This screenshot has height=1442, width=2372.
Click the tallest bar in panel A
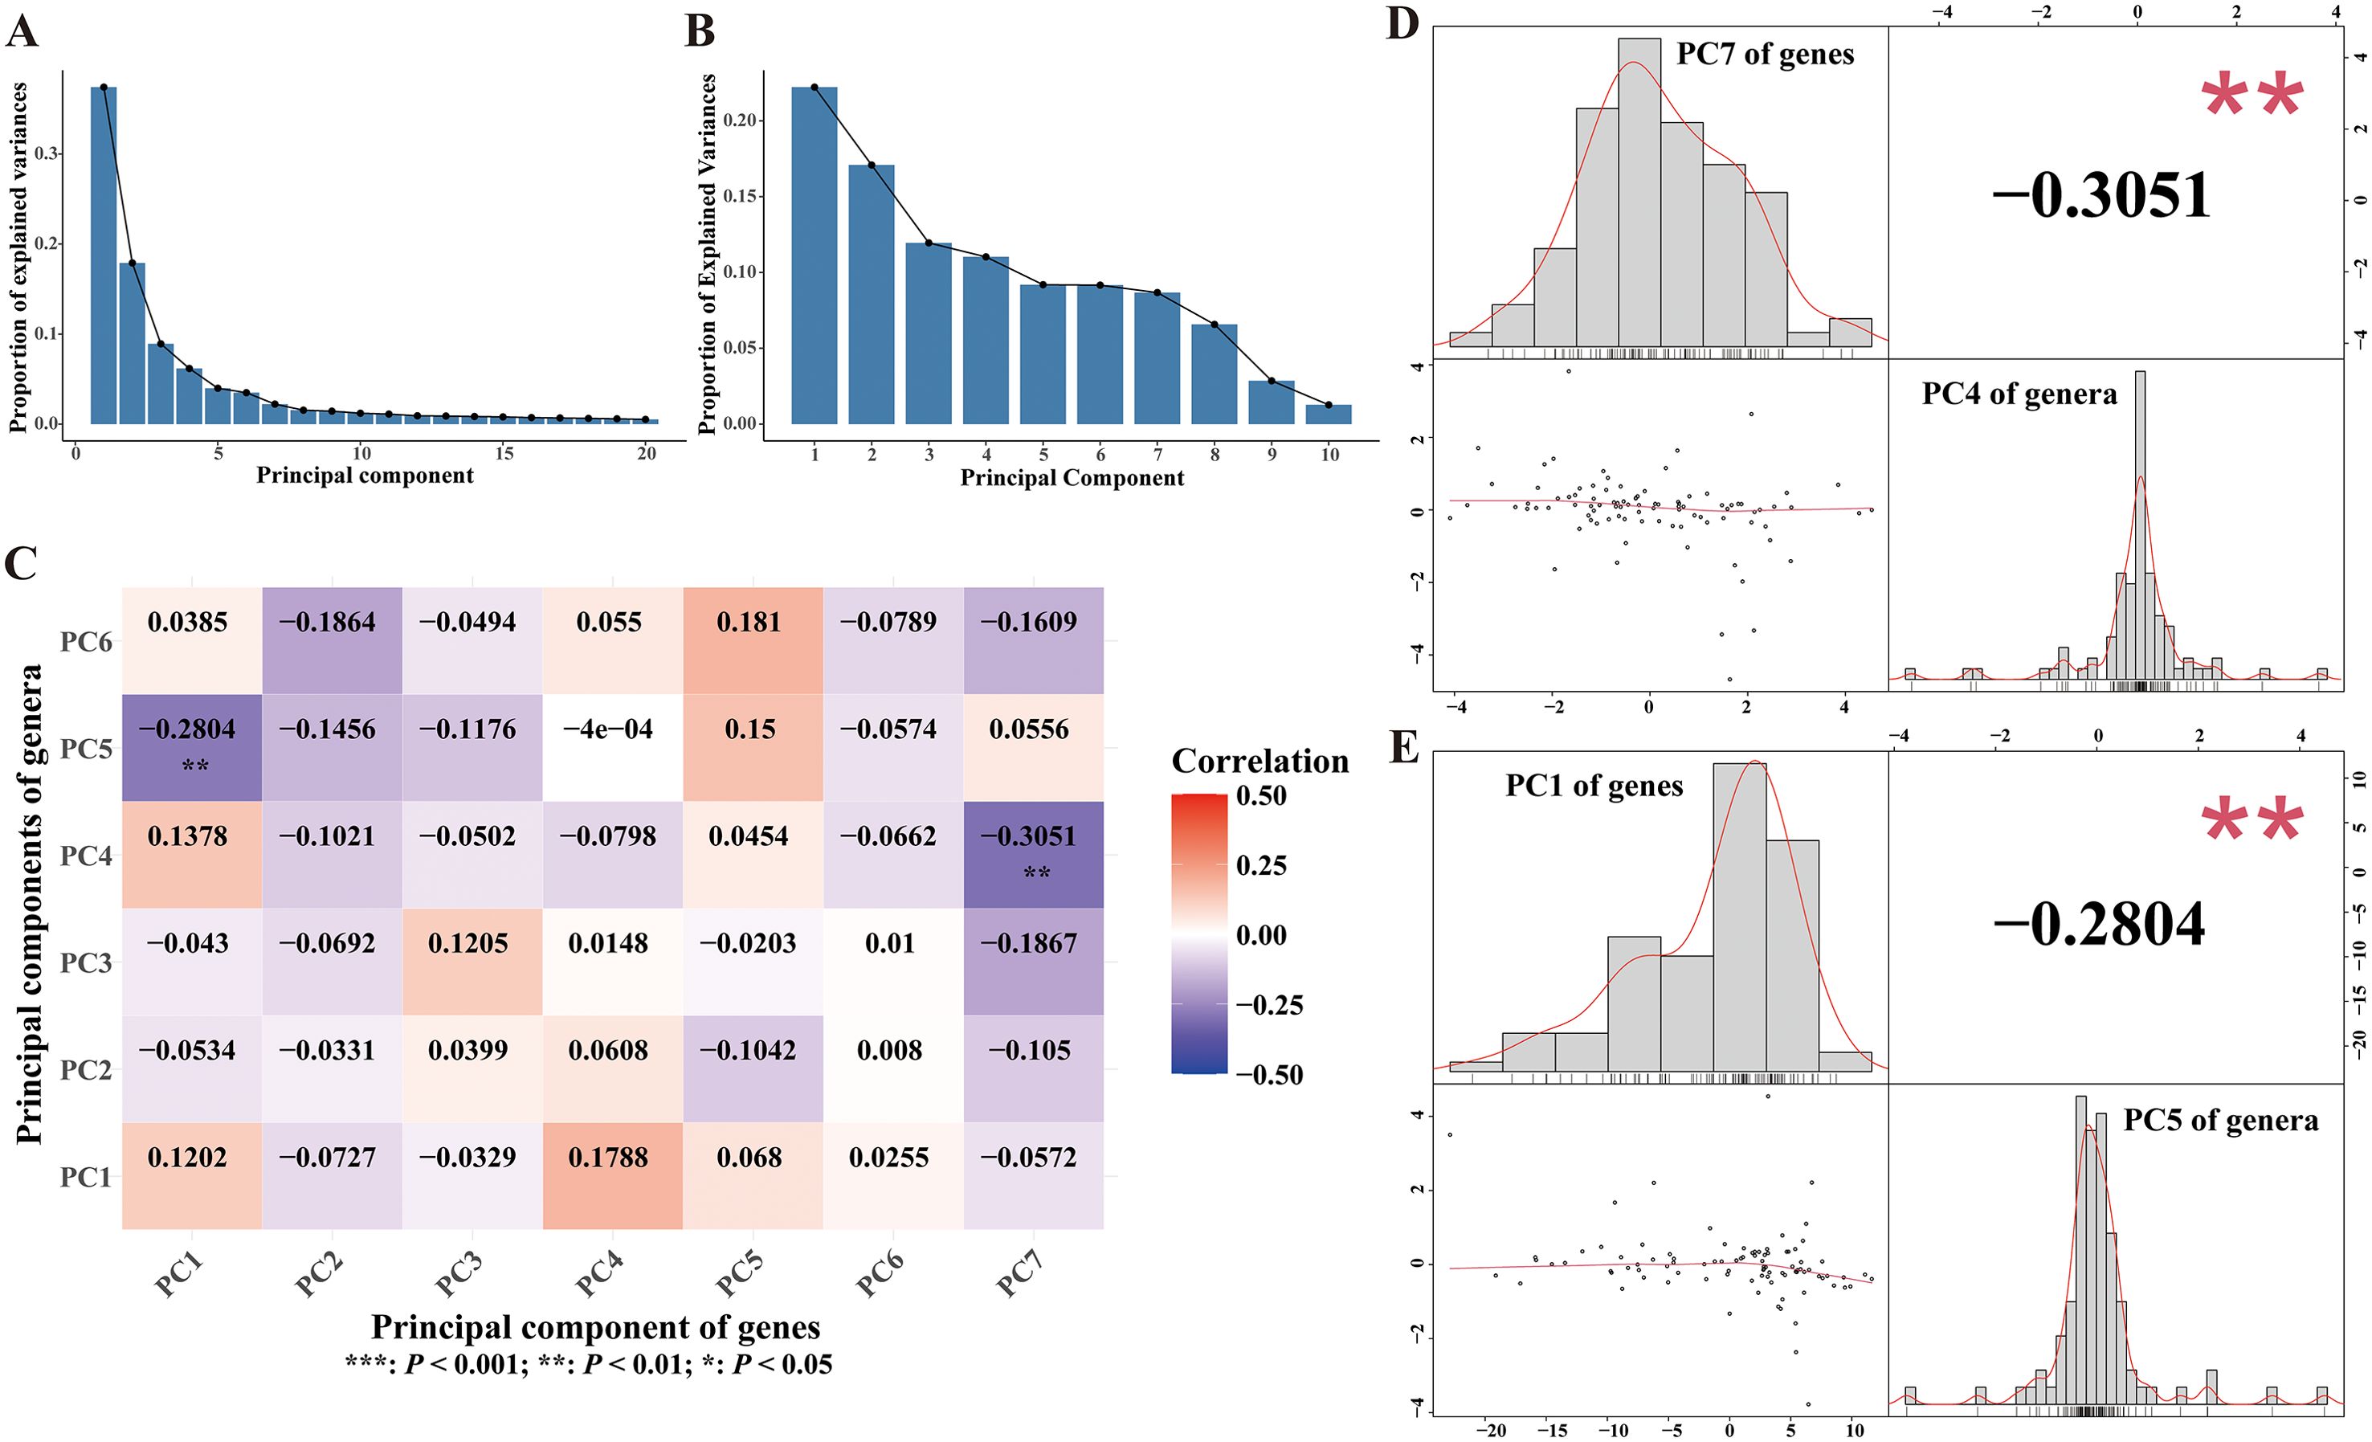pyautogui.click(x=103, y=255)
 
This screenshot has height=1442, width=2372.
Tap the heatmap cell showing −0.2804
pyautogui.click(x=190, y=747)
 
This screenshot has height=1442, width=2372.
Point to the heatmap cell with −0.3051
pyautogui.click(x=1033, y=854)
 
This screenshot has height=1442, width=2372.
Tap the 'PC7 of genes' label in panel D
pyautogui.click(x=1765, y=55)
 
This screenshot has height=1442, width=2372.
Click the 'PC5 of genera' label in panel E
pyautogui.click(x=2220, y=1121)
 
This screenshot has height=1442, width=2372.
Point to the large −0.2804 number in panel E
pyautogui.click(x=2099, y=925)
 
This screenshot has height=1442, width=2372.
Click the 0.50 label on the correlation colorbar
pyautogui.click(x=1261, y=796)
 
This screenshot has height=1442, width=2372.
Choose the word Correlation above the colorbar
pyautogui.click(x=1259, y=762)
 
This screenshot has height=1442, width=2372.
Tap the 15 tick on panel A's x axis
pyautogui.click(x=504, y=453)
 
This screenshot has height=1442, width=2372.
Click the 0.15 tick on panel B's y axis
pyautogui.click(x=741, y=196)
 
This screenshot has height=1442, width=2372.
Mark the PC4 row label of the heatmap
pyautogui.click(x=86, y=856)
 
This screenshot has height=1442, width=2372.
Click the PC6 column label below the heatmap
pyautogui.click(x=880, y=1277)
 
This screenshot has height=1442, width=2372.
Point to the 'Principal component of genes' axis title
pyautogui.click(x=595, y=1326)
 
